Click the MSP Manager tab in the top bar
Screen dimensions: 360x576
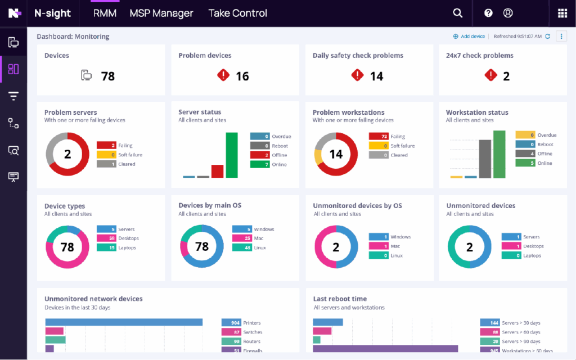[161, 13]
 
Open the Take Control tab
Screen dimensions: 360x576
[237, 13]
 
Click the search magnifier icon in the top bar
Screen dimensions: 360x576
[458, 13]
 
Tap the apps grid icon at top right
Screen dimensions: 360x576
[562, 13]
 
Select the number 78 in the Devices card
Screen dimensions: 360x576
[107, 76]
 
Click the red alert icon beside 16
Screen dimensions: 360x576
[223, 75]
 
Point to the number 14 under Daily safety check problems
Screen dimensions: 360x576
[376, 76]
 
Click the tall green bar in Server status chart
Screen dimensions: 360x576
[232, 155]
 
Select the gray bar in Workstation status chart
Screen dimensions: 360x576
[485, 159]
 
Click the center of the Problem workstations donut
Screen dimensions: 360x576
[336, 154]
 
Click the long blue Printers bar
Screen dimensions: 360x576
[124, 322]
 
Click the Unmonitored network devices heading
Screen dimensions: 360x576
[93, 299]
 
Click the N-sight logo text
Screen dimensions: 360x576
[52, 13]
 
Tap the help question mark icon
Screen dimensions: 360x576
[488, 13]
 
